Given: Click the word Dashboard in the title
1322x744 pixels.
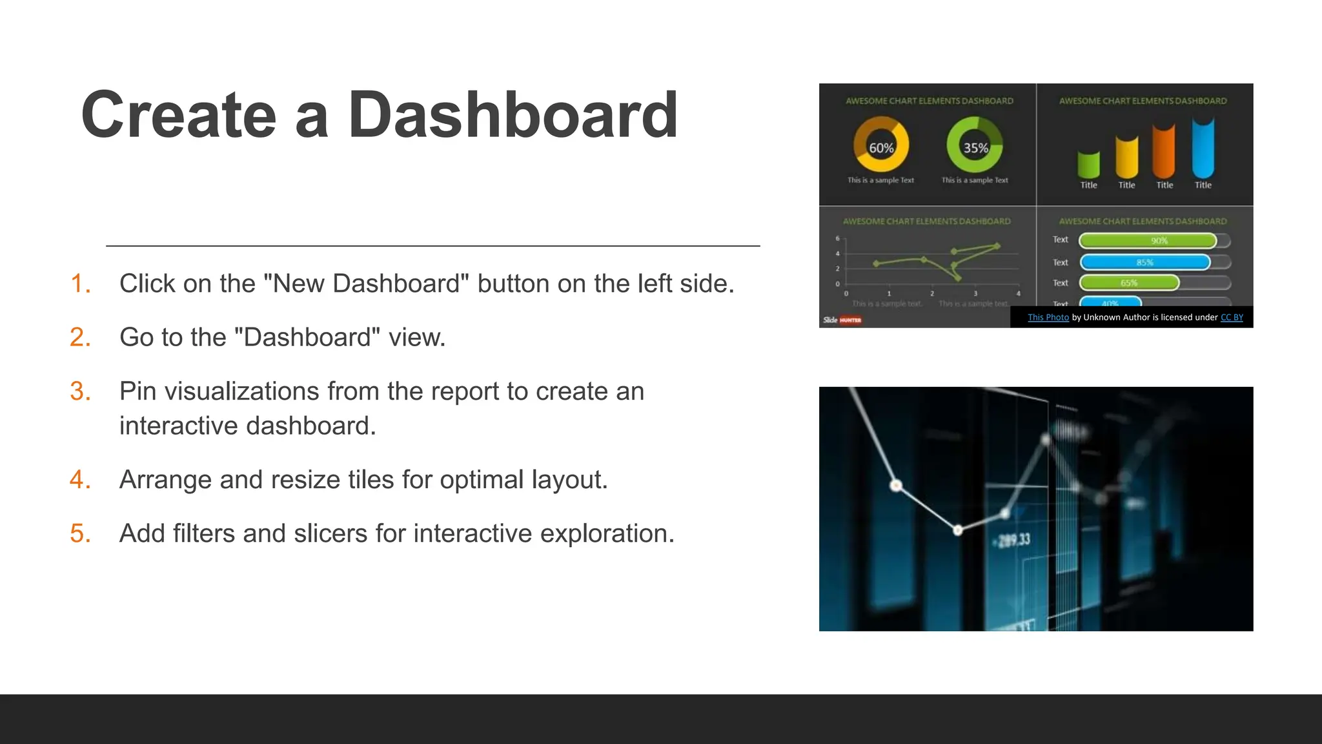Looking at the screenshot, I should click(513, 115).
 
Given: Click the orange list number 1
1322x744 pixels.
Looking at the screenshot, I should click(79, 284).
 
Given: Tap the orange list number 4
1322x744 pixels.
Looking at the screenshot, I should click(79, 480).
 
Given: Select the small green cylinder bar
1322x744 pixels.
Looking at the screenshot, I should click(1088, 165).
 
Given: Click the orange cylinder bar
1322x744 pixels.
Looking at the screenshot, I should click(1164, 152).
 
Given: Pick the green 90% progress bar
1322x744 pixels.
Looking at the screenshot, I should click(1148, 241).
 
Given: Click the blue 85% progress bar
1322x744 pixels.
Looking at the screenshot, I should click(1144, 262).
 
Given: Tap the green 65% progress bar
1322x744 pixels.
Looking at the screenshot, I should click(1129, 283).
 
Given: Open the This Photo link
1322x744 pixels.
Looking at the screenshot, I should click(1048, 317).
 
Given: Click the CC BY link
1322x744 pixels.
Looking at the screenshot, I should click(1232, 317).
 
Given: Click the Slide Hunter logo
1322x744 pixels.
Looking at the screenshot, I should click(842, 320).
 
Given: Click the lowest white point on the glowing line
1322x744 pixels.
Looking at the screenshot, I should click(958, 530).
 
